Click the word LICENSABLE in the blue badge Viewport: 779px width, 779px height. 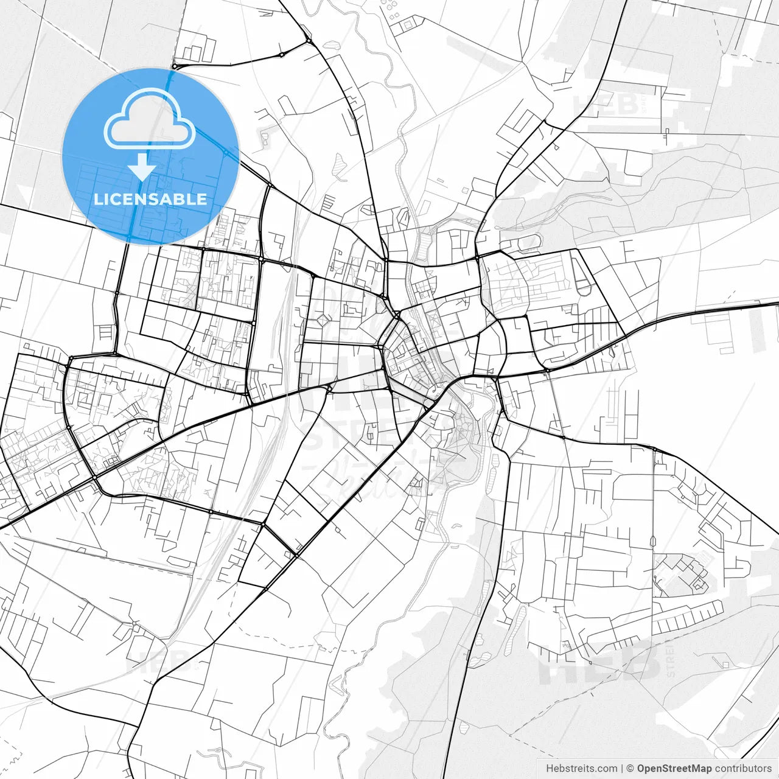click(150, 199)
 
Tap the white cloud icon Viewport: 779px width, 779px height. click(150, 119)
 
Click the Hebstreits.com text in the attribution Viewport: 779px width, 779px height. click(581, 769)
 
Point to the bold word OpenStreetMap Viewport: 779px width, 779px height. click(674, 769)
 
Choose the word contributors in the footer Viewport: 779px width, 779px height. click(743, 769)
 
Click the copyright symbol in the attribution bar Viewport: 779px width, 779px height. click(630, 769)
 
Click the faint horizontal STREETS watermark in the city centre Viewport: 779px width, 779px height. click(341, 435)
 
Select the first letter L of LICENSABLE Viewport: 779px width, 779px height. click(97, 199)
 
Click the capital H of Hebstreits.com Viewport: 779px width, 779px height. click(550, 769)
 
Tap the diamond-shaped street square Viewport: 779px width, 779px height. click(322, 320)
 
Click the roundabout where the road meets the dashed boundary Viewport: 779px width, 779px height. click(175, 66)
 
